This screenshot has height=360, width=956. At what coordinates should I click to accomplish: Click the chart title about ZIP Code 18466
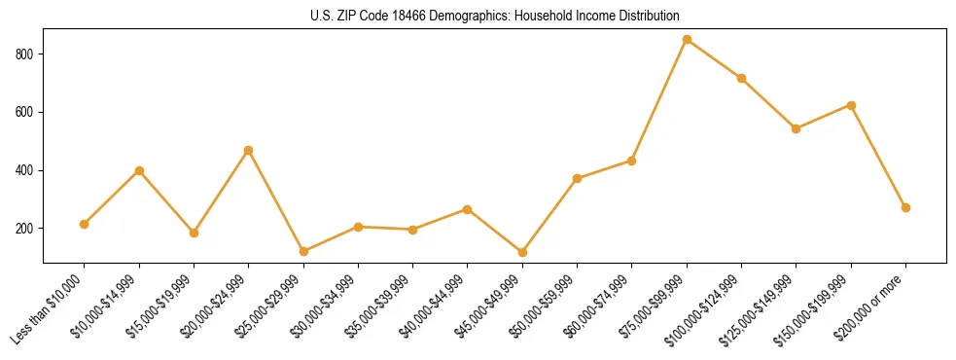pos(495,17)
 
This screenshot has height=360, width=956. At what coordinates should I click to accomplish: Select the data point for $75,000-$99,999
pos(687,40)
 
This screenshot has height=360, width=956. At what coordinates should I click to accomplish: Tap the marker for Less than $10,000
pos(85,224)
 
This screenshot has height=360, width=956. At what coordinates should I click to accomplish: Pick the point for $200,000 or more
pos(905,207)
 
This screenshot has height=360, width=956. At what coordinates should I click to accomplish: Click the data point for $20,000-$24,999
pos(249,150)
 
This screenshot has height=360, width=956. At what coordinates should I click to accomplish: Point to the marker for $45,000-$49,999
pos(522,252)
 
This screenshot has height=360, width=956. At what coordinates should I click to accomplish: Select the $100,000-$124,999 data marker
pos(741,78)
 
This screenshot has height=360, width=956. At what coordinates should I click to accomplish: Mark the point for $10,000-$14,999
pos(139,170)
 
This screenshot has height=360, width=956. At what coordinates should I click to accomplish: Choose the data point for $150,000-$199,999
pos(851,105)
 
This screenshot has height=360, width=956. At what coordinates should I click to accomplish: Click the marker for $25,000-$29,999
pos(303,251)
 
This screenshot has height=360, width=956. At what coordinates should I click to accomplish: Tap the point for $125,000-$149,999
pos(797,128)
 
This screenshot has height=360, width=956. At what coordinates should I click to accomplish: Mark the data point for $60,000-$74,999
pos(632,161)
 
